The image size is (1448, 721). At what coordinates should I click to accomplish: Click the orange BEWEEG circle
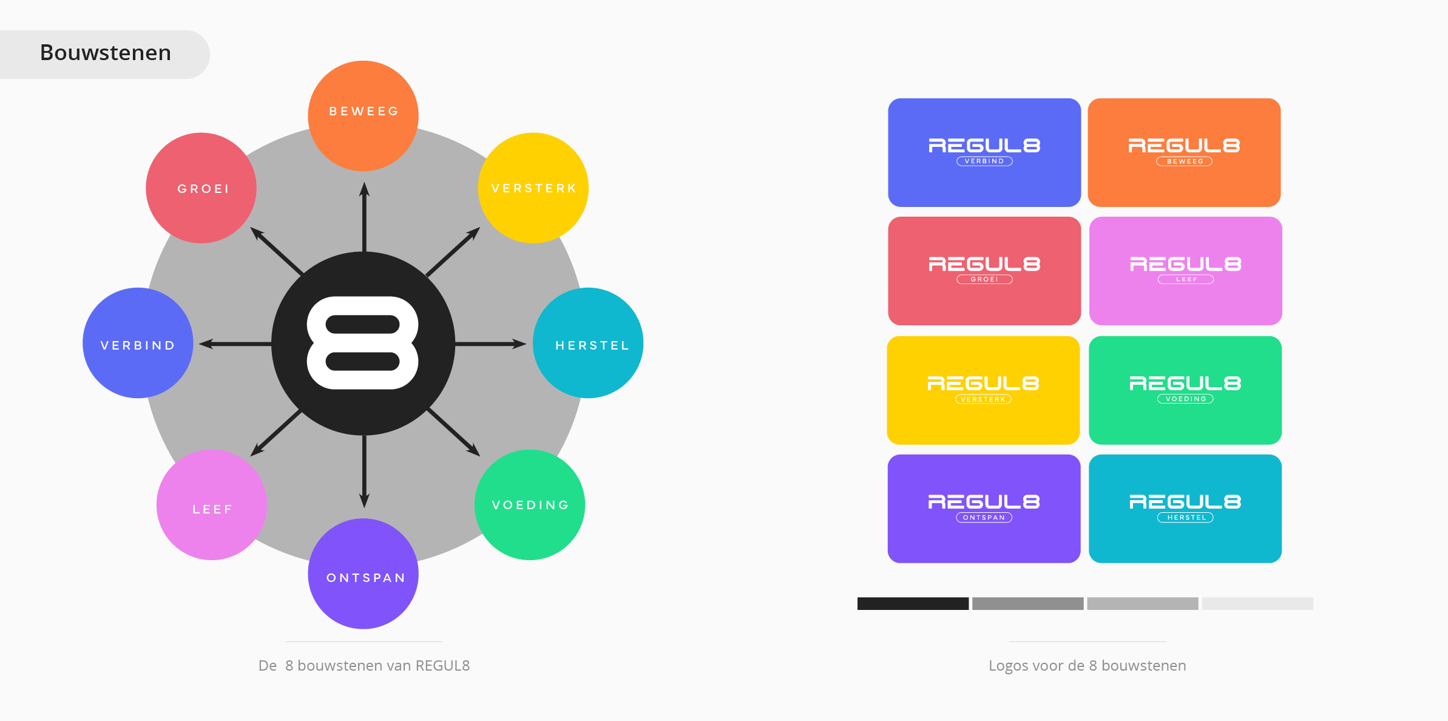coord(364,116)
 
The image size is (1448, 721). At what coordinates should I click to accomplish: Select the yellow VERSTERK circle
coord(533,188)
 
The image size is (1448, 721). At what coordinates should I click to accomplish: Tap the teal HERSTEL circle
coord(588,343)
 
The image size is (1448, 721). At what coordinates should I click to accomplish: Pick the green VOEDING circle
coord(530,505)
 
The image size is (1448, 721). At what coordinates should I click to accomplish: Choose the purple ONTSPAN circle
coord(364,574)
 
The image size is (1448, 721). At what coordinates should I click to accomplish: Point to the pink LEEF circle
coord(212,505)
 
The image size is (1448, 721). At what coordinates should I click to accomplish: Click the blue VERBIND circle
coord(138,343)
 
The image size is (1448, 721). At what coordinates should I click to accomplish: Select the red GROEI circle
coord(201,188)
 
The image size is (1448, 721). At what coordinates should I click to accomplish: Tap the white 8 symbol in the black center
coord(363,343)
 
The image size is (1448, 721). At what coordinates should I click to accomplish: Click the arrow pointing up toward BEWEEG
coord(364,217)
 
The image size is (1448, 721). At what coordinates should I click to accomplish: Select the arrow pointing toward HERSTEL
coord(491,344)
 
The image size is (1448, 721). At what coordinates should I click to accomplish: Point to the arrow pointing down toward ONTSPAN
coord(364,472)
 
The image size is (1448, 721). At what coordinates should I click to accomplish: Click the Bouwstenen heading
coord(106,53)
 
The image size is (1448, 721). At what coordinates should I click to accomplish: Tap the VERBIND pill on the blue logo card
coord(984,161)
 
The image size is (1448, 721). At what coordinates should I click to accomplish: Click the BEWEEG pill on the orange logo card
coord(1185,161)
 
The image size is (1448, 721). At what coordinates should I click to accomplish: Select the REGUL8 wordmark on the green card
coord(1185,383)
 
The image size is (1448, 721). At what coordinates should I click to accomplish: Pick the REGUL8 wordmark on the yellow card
coord(984,383)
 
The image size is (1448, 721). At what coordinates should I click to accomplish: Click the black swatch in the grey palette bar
coord(913,603)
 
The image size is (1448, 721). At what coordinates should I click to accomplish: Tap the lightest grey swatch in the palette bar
coord(1257,603)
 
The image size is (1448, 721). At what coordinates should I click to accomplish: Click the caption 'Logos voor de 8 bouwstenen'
coord(1088,666)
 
